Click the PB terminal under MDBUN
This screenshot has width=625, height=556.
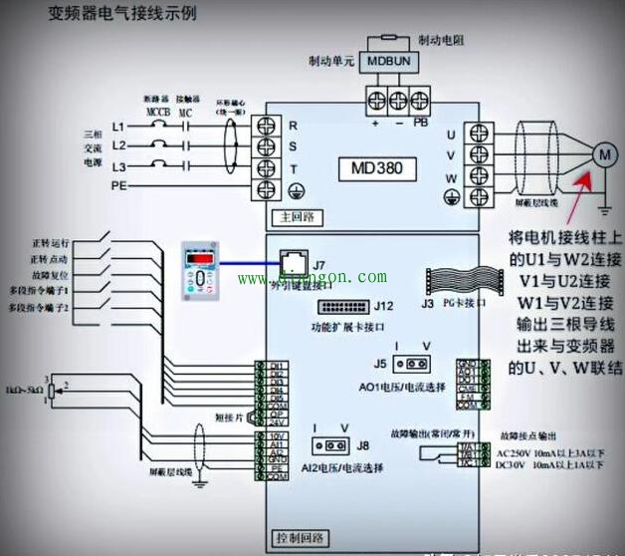click(422, 100)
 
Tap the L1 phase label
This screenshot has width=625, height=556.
click(118, 128)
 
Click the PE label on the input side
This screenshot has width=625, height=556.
click(118, 185)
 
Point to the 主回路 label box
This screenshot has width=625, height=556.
click(294, 214)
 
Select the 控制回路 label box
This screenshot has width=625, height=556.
click(300, 538)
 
